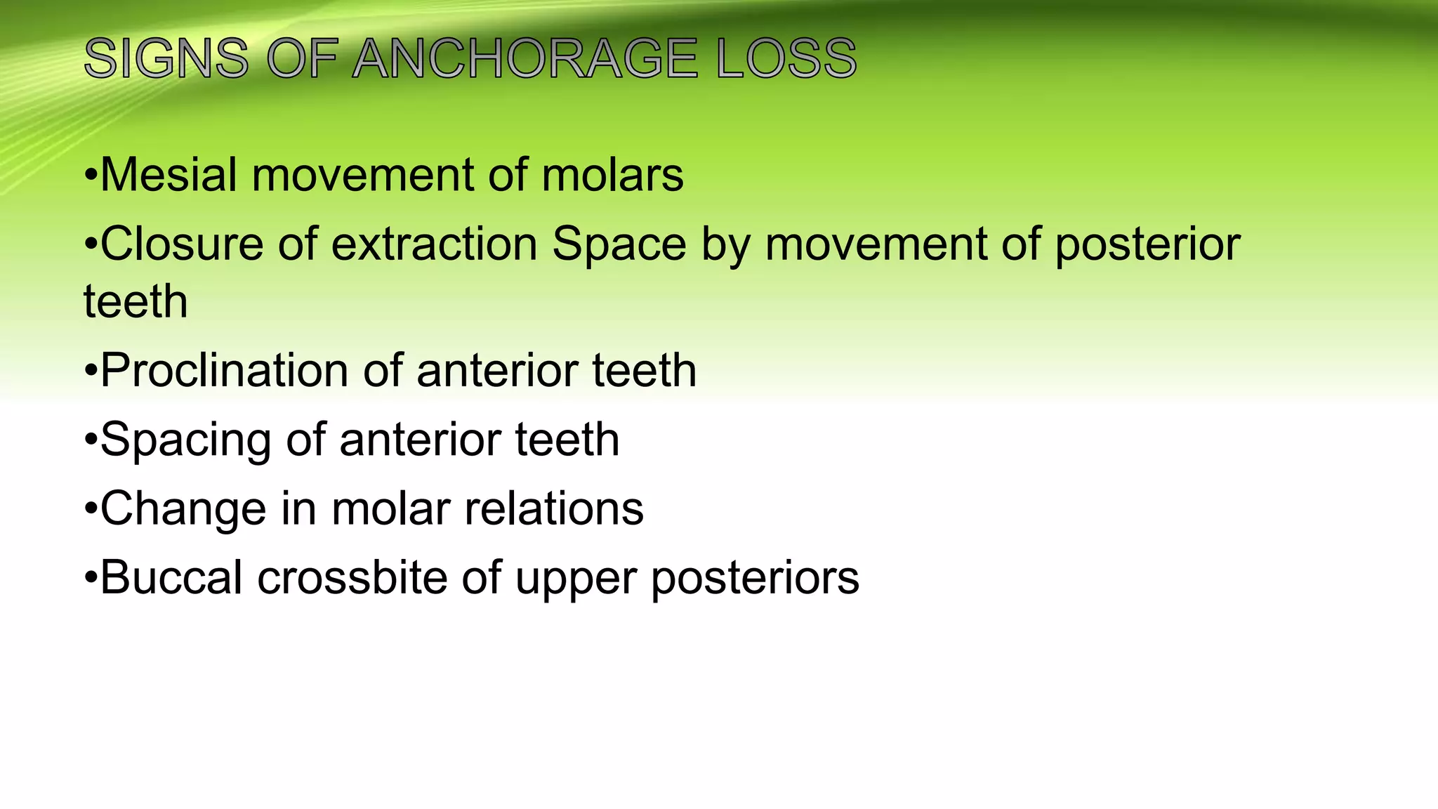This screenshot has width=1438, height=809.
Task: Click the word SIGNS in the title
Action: [x=166, y=58]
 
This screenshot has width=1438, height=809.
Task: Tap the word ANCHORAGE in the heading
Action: [x=525, y=58]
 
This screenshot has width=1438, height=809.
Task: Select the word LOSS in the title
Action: [x=786, y=58]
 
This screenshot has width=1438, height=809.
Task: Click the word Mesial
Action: [x=169, y=175]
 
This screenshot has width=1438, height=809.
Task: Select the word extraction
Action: [x=434, y=244]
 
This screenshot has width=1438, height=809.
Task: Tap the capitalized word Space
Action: [x=619, y=244]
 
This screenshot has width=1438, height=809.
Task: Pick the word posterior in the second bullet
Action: [x=1147, y=244]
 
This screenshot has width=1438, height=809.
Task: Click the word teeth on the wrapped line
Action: [x=136, y=302]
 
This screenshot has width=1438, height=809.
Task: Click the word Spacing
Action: [x=185, y=440]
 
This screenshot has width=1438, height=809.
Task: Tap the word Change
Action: [x=183, y=509]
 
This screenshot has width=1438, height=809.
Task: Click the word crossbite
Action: [x=352, y=578]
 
